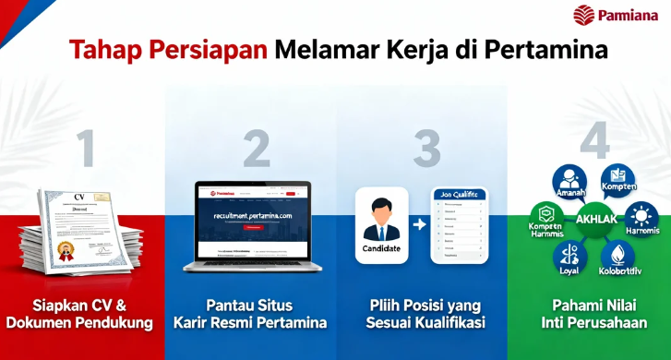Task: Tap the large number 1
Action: pos(85,148)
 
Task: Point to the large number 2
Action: pos(256,148)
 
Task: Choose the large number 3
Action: pos(425,148)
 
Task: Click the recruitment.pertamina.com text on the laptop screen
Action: pos(251,215)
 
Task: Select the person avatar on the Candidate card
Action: pos(381,219)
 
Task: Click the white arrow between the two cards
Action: pos(418,224)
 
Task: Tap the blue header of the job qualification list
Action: pos(459,196)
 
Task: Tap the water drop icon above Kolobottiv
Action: pos(617,254)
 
